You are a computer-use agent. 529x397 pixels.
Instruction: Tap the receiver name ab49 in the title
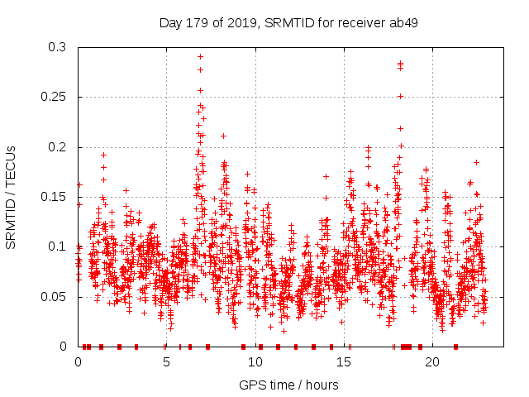(400, 22)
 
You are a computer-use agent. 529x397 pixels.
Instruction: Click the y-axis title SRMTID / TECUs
(12, 197)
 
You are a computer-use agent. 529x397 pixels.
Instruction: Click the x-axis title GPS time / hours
(288, 385)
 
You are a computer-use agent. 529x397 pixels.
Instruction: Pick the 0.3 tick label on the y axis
(59, 47)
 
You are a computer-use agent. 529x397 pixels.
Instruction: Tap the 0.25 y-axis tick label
(55, 97)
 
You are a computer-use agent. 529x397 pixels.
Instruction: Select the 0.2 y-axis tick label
(59, 147)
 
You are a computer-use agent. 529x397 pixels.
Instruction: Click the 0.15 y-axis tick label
(55, 197)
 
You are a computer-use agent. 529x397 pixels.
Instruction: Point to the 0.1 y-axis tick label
(59, 246)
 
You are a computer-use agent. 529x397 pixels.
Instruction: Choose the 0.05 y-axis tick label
(55, 296)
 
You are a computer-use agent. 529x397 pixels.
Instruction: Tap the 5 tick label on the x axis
(166, 361)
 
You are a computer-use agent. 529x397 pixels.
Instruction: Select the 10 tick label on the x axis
(255, 361)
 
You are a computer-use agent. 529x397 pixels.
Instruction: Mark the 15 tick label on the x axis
(343, 361)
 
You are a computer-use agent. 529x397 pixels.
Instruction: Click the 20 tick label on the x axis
(431, 361)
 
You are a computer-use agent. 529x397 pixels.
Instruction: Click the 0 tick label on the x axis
(78, 361)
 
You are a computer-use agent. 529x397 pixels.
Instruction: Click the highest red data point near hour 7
(200, 56)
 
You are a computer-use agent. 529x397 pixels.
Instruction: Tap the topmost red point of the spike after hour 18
(400, 63)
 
